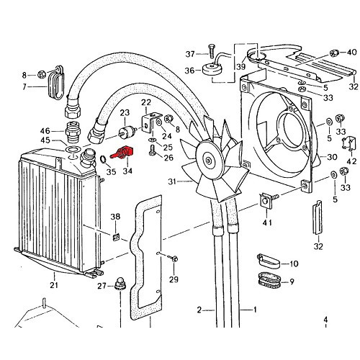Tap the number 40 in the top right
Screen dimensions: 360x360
coord(352,53)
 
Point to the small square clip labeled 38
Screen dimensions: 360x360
coord(116,236)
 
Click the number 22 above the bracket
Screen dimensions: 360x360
coord(145,102)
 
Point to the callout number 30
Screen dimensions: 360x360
coord(332,158)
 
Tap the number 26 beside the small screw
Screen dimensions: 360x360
coord(168,158)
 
